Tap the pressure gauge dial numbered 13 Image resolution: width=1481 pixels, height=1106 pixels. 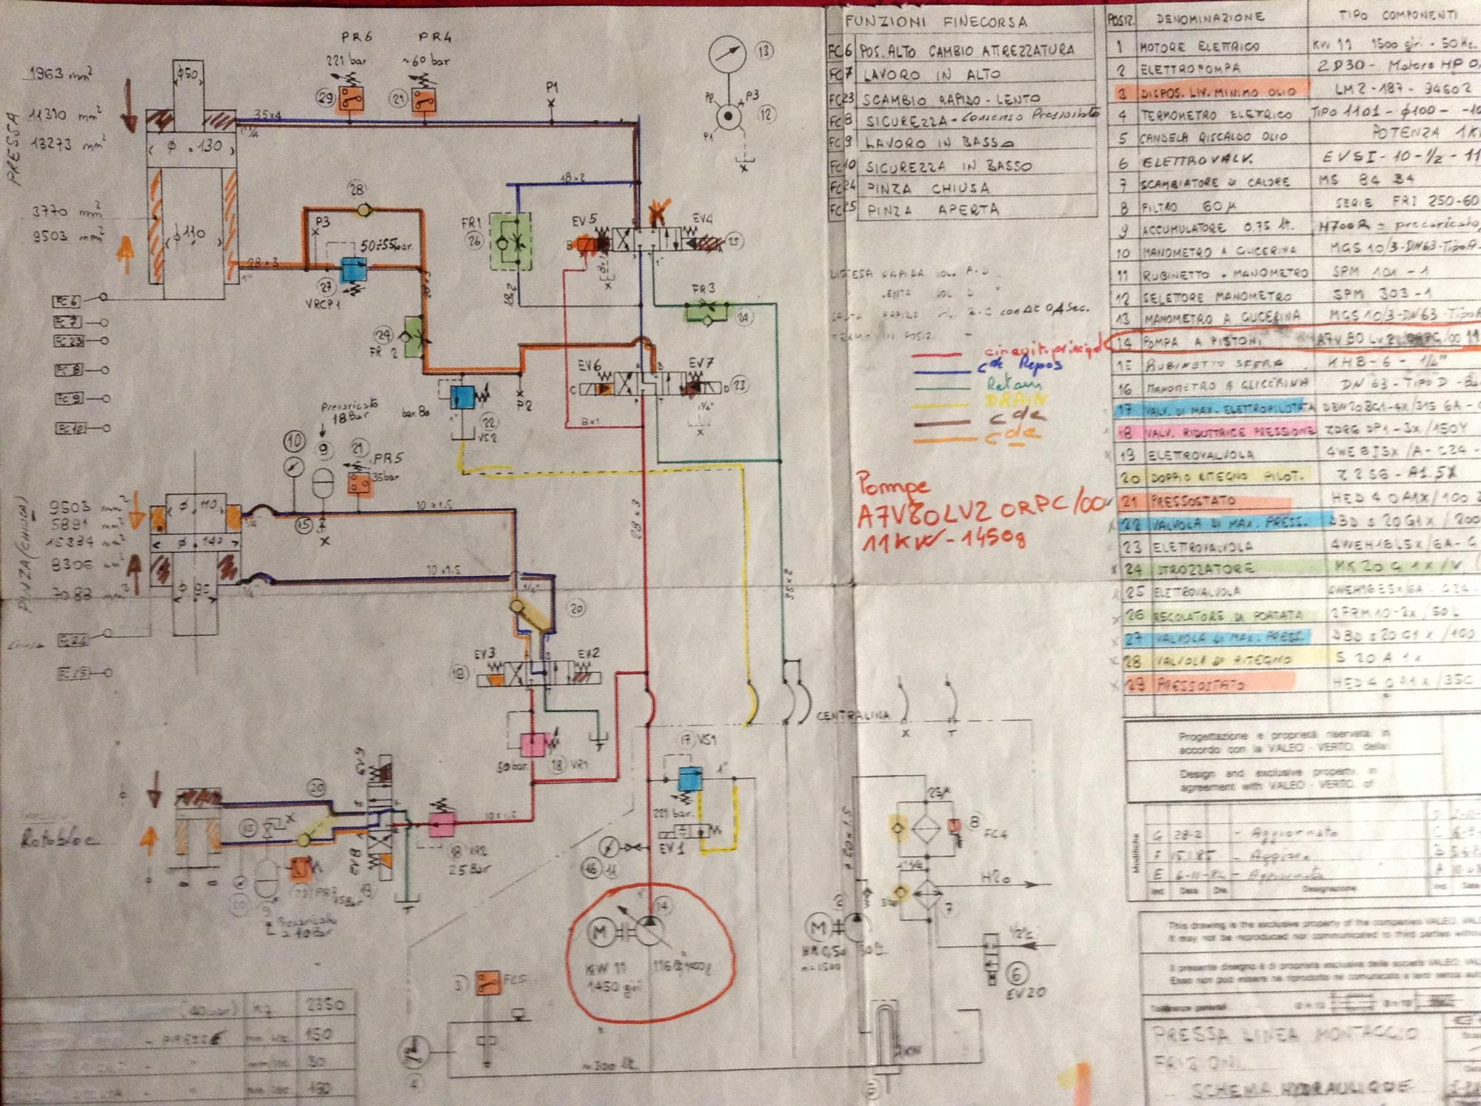click(727, 55)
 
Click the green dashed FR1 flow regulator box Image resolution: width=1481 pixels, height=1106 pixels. click(512, 241)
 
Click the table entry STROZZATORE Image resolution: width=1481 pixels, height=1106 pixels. click(1190, 569)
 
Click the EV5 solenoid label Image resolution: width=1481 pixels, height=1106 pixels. click(584, 221)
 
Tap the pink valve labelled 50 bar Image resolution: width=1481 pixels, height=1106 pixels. click(531, 744)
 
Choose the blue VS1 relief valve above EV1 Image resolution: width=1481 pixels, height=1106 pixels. click(690, 779)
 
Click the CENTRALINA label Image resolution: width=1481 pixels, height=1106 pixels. click(852, 716)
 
